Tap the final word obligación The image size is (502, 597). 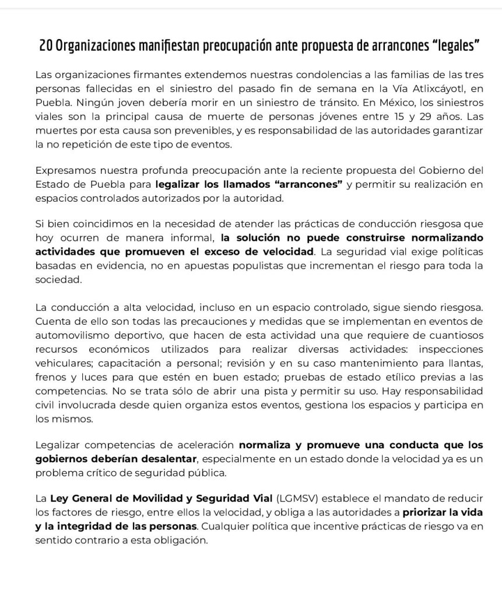point(178,540)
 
